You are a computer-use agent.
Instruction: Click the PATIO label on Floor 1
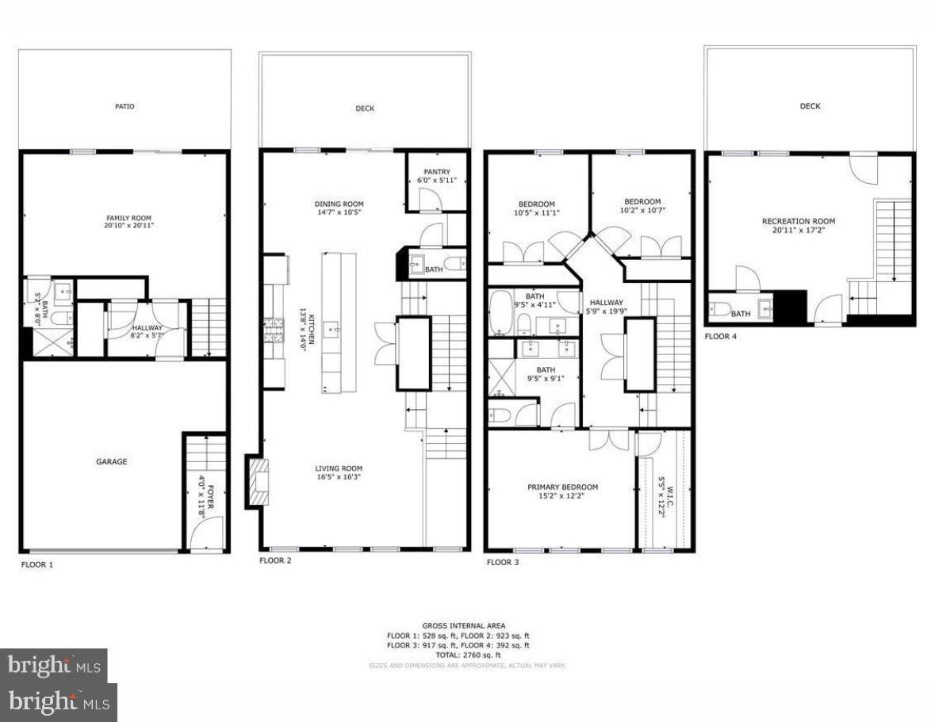[x=125, y=105]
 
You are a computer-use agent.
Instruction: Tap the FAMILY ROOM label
[x=128, y=218]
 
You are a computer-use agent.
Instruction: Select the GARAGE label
[x=112, y=461]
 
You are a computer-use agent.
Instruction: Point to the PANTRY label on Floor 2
[x=436, y=172]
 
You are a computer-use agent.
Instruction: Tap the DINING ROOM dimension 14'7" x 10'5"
[x=339, y=212]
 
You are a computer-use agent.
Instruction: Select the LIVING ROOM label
[x=339, y=468]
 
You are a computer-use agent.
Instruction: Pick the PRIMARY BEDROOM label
[x=563, y=487]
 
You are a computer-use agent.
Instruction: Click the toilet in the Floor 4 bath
[x=718, y=310]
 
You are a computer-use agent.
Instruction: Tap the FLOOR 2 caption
[x=275, y=560]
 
